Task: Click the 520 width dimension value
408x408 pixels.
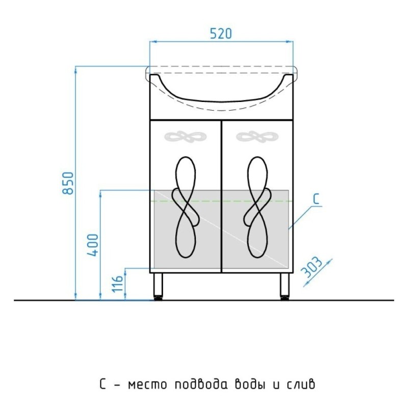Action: pyautogui.click(x=221, y=34)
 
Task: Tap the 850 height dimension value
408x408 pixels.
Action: pyautogui.click(x=68, y=183)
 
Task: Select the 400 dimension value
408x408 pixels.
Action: pyautogui.click(x=93, y=245)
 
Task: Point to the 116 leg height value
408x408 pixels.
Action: pyautogui.click(x=117, y=283)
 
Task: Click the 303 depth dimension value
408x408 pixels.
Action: pyautogui.click(x=311, y=267)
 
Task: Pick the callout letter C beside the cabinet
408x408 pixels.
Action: pyautogui.click(x=316, y=199)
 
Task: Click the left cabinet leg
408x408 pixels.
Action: pyautogui.click(x=158, y=286)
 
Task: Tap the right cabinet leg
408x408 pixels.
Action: pyautogui.click(x=285, y=286)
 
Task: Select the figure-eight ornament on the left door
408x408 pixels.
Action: pyautogui.click(x=186, y=207)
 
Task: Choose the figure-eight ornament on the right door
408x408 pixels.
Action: pyautogui.click(x=258, y=207)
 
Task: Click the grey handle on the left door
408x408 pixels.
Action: pyautogui.click(x=186, y=137)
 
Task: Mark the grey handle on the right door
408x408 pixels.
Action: pyautogui.click(x=258, y=137)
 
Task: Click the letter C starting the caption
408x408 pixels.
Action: pyautogui.click(x=103, y=385)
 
